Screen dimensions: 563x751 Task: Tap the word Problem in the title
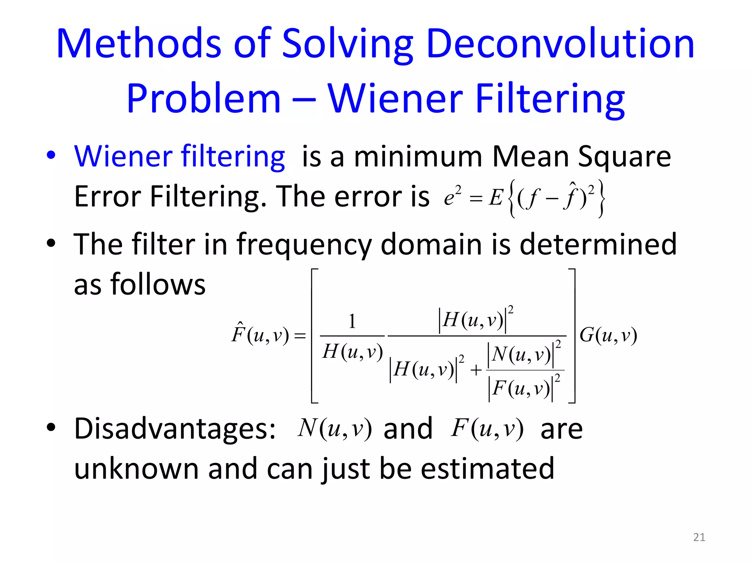click(204, 99)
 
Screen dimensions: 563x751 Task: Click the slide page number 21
click(699, 537)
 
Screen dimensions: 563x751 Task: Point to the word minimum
click(418, 157)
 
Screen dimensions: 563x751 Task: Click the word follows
click(158, 284)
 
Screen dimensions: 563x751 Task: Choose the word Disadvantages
click(175, 429)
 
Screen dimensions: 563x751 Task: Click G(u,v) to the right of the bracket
click(608, 335)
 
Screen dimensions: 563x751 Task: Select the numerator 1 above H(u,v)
click(352, 321)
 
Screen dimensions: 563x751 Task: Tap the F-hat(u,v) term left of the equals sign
click(260, 334)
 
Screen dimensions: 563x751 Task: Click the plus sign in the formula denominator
click(476, 370)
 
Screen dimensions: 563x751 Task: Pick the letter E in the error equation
click(496, 198)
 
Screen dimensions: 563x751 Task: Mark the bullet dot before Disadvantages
click(51, 427)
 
